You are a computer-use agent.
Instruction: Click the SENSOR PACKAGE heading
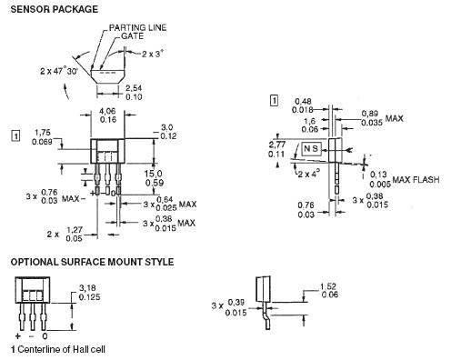click(x=55, y=9)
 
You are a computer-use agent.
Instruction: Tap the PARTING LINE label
click(x=137, y=27)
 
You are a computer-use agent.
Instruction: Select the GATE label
click(x=133, y=36)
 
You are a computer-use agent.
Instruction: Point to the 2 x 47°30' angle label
click(x=59, y=72)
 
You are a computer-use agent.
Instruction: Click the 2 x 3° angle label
click(x=153, y=54)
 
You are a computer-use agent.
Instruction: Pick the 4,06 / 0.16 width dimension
click(x=108, y=115)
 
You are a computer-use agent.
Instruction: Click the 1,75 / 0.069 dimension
click(x=43, y=137)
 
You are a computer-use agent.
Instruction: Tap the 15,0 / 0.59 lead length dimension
click(x=154, y=178)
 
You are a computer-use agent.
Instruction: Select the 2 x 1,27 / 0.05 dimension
click(x=65, y=235)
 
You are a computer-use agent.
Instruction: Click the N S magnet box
click(x=311, y=149)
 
